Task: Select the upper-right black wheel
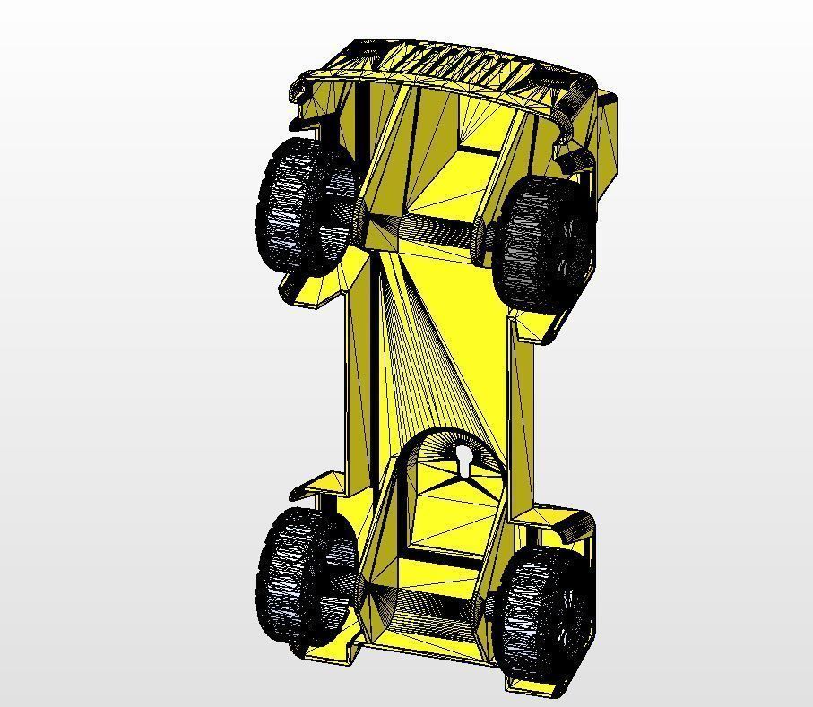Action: click(x=542, y=242)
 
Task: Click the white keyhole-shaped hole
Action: click(x=463, y=461)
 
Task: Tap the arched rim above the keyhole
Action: click(x=448, y=434)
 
